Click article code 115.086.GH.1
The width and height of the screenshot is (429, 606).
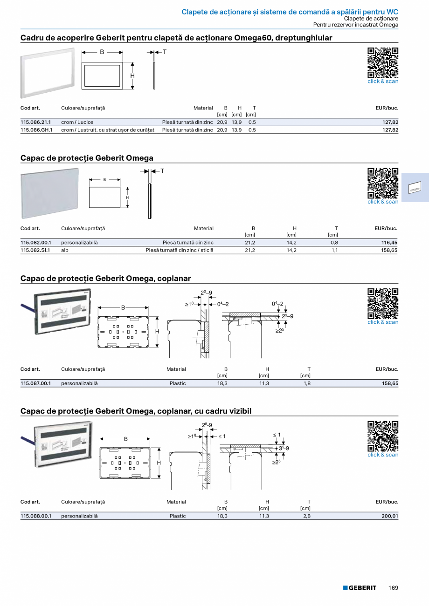pos(36,130)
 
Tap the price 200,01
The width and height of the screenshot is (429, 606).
pos(389,516)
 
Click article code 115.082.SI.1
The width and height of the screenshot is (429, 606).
pos(36,250)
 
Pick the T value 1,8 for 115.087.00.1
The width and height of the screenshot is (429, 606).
pos(307,383)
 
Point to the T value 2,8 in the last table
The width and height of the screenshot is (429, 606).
pos(307,516)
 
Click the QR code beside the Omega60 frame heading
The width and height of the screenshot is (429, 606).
pos(383,63)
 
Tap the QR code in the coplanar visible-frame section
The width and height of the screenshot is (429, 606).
pos(383,436)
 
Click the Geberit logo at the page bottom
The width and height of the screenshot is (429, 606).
pos(360,588)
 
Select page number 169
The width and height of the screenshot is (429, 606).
pos(393,588)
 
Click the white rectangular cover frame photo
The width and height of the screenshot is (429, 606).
pos(47,75)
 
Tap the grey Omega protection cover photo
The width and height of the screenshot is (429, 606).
pos(49,193)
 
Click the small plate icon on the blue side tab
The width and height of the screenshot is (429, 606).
pos(415,188)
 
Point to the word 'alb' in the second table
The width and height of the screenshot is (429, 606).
pos(65,250)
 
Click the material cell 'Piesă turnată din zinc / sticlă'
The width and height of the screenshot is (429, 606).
pos(180,250)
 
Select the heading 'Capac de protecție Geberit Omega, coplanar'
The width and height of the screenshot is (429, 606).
pos(106,279)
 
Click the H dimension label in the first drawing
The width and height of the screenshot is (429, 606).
pos(132,75)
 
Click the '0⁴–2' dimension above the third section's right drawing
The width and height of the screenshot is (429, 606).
pos(277,304)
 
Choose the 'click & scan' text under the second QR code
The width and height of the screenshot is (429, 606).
pos(383,202)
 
